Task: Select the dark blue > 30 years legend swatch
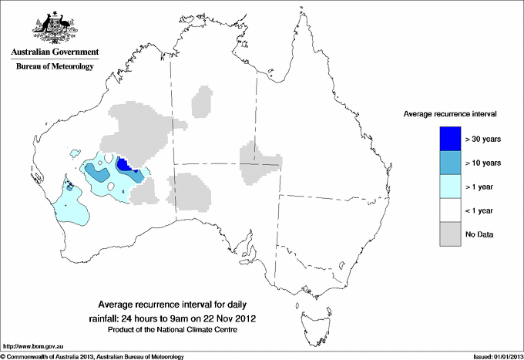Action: [449, 139]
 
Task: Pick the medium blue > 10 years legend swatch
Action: [449, 163]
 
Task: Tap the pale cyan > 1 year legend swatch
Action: [449, 187]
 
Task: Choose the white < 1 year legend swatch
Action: [449, 210]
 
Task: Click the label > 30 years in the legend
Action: [483, 140]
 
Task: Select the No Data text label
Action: [479, 234]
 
